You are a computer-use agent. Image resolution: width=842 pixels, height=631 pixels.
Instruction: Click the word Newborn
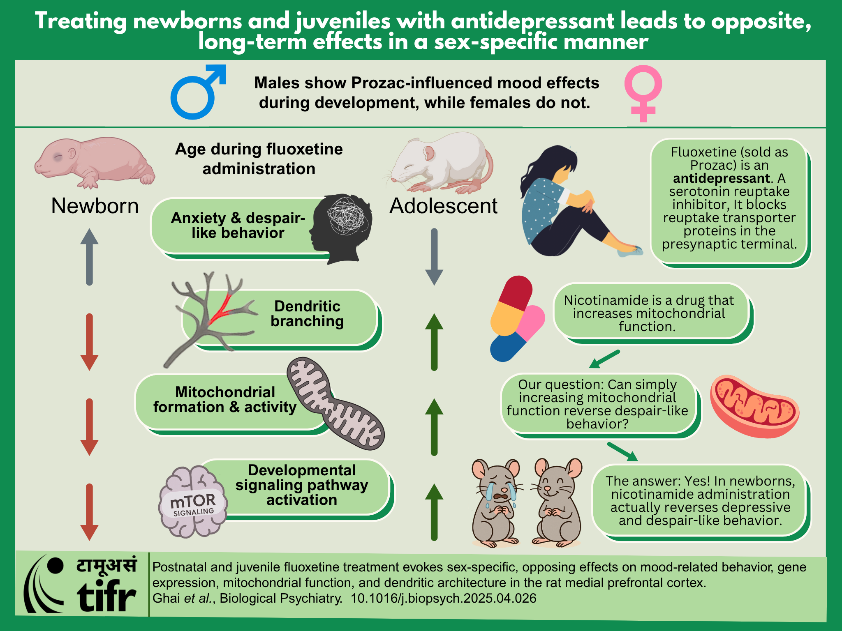coord(95,206)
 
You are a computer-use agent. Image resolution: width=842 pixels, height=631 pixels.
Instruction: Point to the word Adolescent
coord(443,206)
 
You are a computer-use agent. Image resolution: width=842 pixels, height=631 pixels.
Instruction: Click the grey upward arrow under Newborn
coord(89,257)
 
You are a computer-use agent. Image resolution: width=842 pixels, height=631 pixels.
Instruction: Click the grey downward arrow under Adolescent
coord(434,257)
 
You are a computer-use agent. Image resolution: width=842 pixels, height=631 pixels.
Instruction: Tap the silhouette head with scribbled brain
coord(341,228)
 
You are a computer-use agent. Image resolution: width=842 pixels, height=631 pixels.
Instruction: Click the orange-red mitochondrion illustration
coord(755,406)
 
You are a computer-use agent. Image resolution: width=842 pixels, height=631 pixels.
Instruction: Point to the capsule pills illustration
coord(518,319)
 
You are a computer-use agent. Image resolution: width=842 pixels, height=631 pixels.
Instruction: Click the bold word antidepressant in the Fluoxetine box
coord(722,178)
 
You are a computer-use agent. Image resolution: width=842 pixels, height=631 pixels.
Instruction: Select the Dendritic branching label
coord(307,314)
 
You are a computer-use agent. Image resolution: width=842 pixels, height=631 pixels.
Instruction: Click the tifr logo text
coord(106,596)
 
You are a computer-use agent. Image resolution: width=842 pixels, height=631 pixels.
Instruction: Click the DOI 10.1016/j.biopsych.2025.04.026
coord(444,598)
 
